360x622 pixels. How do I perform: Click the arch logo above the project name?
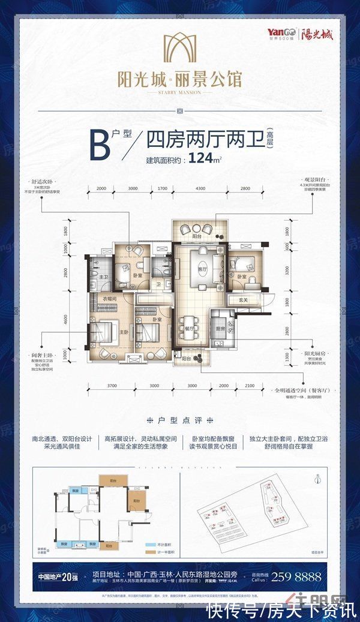179,49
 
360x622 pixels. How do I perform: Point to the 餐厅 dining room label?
188,329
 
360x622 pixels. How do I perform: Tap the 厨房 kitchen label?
220,329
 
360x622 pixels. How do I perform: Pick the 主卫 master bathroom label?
103,277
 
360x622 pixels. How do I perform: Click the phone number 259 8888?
297,577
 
